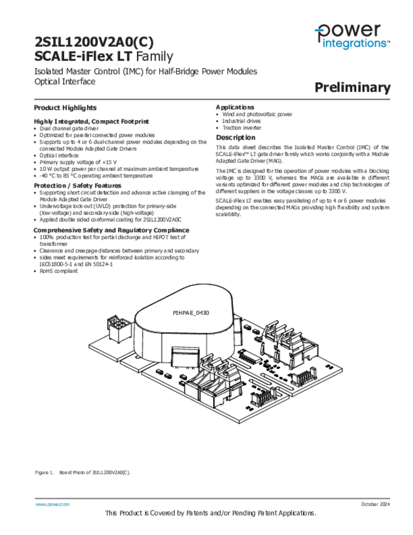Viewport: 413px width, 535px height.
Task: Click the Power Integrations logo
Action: click(352, 36)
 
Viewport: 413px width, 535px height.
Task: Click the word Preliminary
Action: click(352, 88)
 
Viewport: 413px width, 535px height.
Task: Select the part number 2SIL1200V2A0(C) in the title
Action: click(94, 42)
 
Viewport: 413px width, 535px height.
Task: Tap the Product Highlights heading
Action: click(65, 108)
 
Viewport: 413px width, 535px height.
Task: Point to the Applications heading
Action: click(235, 107)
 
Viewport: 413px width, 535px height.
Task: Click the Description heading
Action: click(235, 137)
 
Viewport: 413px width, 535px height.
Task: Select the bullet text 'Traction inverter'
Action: click(242, 128)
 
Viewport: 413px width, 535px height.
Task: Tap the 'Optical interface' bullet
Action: click(59, 155)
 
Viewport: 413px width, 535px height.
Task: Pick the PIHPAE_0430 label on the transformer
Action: click(191, 312)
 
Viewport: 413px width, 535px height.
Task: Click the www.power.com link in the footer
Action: click(52, 504)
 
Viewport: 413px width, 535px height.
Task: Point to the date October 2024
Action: click(375, 504)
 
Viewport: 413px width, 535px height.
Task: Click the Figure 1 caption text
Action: click(82, 472)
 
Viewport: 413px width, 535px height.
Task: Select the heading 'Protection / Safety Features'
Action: click(77, 185)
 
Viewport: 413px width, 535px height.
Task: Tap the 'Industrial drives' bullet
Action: click(242, 121)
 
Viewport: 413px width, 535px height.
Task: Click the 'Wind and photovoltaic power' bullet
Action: click(257, 114)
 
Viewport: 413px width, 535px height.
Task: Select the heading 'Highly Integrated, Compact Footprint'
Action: click(91, 121)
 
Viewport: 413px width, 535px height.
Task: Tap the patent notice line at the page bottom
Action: click(210, 514)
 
